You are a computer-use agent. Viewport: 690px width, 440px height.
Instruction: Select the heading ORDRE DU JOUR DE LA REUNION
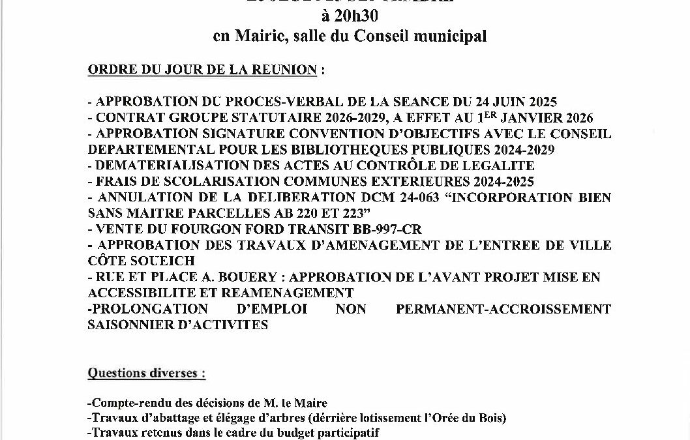202,70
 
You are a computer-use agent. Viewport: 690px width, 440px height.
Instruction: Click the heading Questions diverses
146,374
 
